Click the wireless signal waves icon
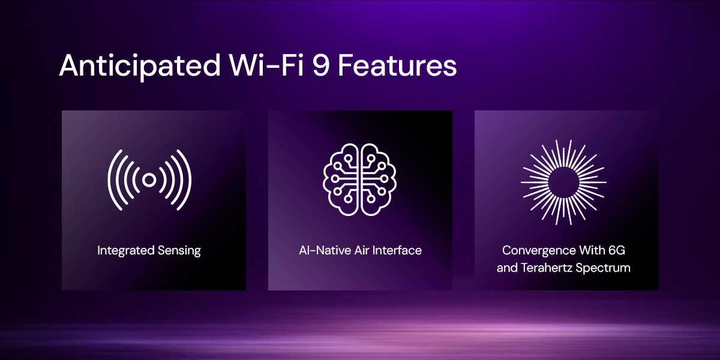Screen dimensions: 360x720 149,179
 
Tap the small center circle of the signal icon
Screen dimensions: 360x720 149,179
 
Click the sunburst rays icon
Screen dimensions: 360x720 563,181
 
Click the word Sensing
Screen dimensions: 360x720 179,251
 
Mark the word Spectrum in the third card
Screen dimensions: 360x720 604,268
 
